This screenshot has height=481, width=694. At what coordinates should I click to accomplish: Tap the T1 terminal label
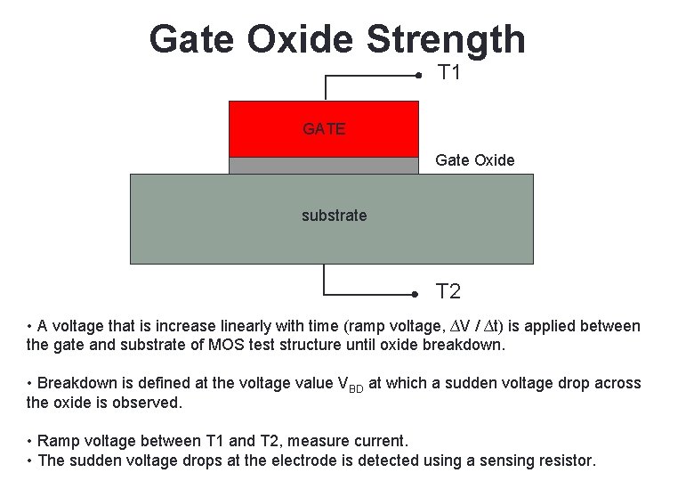pyautogui.click(x=449, y=73)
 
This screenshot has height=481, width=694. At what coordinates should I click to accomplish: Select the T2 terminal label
pyautogui.click(x=448, y=291)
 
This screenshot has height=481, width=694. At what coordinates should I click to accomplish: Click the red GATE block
pyautogui.click(x=323, y=129)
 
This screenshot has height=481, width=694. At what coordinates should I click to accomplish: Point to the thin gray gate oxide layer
pyautogui.click(x=323, y=165)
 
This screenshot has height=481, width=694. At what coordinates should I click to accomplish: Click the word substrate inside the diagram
pyautogui.click(x=334, y=216)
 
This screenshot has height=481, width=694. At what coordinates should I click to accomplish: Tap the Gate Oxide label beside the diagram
pyautogui.click(x=474, y=160)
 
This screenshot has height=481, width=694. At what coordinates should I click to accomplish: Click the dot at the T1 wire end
pyautogui.click(x=418, y=77)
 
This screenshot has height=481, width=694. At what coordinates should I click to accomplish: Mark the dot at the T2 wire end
pyautogui.click(x=415, y=293)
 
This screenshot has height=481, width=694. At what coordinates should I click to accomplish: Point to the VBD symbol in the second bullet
pyautogui.click(x=351, y=384)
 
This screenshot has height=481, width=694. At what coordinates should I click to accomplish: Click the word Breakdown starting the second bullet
pyautogui.click(x=77, y=383)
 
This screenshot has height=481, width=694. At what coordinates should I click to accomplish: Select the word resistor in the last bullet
pyautogui.click(x=563, y=461)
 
